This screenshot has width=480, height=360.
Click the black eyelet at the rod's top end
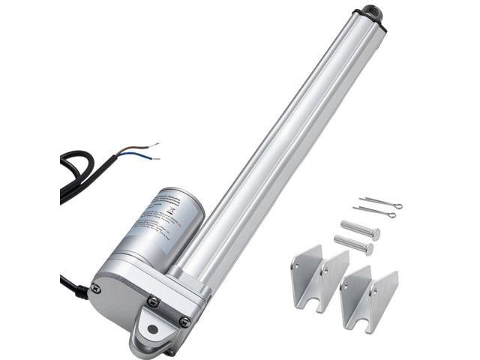372,13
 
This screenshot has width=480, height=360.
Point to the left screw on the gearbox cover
95,287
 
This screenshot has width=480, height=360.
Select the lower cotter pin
374,212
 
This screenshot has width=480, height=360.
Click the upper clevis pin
359,229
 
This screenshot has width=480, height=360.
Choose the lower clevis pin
352,245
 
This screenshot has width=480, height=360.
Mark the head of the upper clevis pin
375,235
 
